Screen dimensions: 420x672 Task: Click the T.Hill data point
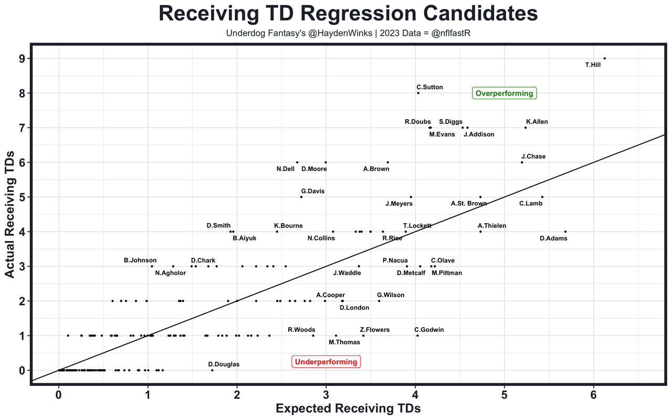point(604,58)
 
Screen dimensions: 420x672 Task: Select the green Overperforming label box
point(504,93)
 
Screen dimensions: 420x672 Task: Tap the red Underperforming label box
point(326,362)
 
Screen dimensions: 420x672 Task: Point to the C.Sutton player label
point(429,87)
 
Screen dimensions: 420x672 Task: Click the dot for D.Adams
point(565,232)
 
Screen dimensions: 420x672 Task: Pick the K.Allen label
point(537,122)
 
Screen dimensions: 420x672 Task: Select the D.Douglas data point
point(212,370)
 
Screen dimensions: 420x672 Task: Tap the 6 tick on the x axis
point(594,394)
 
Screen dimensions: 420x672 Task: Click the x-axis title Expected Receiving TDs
point(348,408)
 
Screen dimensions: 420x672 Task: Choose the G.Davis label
point(313,191)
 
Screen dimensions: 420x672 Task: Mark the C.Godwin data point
point(417,335)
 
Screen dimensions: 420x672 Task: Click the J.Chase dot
point(522,162)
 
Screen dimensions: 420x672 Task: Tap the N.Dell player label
point(286,169)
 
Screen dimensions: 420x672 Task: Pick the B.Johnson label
point(140,260)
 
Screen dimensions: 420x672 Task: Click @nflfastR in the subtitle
point(449,33)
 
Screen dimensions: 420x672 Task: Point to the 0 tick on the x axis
point(59,394)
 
